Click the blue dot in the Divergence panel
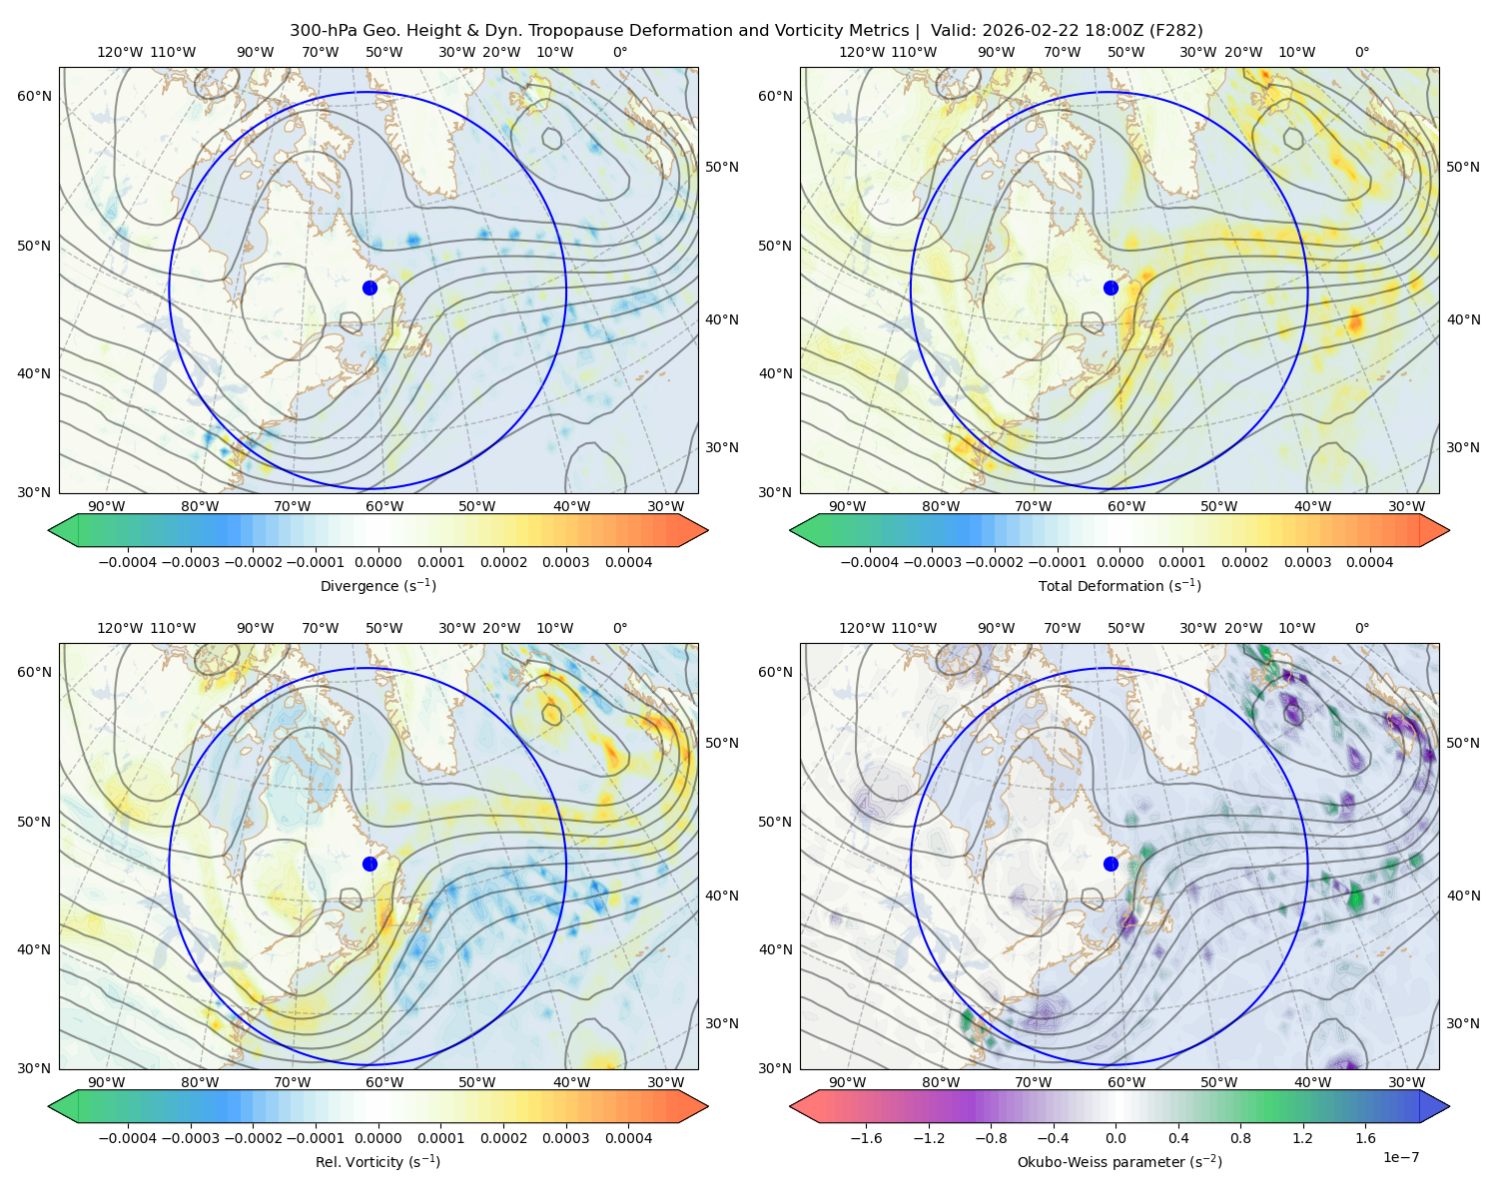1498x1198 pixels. [x=370, y=288]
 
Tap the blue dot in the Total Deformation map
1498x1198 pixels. [x=1111, y=288]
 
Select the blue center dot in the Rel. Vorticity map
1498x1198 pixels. [x=370, y=864]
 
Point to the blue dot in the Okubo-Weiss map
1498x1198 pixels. [x=1111, y=864]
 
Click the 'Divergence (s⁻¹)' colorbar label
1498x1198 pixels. [x=377, y=585]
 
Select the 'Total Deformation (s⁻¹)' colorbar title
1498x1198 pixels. [x=1120, y=585]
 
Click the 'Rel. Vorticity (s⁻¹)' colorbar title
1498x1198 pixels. [x=377, y=1161]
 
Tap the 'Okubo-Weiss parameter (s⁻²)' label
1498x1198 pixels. [x=1120, y=1161]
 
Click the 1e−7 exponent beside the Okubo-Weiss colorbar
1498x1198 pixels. [x=1400, y=1157]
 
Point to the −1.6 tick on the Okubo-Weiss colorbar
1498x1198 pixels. [x=866, y=1137]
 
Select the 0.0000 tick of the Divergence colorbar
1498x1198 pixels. [x=377, y=562]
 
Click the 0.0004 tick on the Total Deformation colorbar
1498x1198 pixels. [x=1369, y=562]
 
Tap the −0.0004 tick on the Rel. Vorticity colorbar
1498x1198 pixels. [x=128, y=1137]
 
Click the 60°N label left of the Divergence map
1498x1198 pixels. [x=34, y=96]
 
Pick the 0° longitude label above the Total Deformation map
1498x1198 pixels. [x=1361, y=52]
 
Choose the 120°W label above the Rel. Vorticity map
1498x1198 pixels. [x=120, y=627]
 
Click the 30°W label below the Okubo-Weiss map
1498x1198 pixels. [x=1406, y=1082]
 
